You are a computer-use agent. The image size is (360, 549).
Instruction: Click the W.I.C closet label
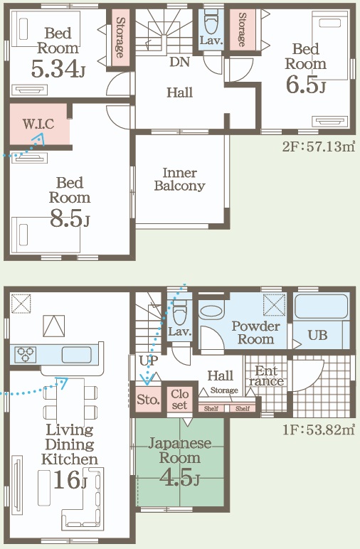click(38, 124)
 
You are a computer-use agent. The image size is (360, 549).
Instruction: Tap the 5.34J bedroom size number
click(58, 68)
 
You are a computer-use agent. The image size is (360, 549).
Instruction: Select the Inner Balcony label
click(180, 179)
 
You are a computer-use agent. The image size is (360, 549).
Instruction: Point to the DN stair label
click(180, 62)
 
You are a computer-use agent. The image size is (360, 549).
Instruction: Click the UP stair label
click(149, 361)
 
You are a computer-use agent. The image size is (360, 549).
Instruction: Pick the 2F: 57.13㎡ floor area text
click(319, 146)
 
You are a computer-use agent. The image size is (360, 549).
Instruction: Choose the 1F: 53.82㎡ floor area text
click(319, 430)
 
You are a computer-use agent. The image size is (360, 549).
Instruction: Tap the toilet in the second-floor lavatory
click(211, 22)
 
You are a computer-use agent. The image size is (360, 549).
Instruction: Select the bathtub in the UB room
click(322, 307)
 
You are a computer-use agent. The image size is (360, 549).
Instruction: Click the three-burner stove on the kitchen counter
click(26, 354)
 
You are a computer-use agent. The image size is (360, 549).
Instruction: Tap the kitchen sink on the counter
click(77, 355)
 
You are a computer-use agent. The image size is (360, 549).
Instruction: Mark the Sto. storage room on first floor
click(149, 400)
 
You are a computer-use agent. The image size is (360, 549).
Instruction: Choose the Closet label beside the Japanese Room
click(180, 400)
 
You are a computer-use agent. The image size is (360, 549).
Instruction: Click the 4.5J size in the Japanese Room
click(180, 476)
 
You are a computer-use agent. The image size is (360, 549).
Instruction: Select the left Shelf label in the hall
click(211, 408)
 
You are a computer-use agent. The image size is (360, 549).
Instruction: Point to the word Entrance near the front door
click(266, 375)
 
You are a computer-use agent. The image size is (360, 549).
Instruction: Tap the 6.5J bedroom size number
click(306, 85)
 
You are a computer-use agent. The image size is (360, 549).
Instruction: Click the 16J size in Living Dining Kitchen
click(69, 480)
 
